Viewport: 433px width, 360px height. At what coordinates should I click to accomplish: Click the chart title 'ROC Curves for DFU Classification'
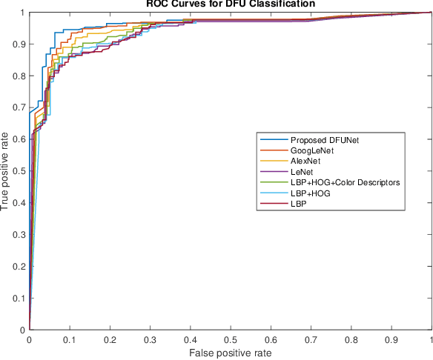coord(230,4)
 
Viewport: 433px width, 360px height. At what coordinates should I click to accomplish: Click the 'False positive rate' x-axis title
coord(230,353)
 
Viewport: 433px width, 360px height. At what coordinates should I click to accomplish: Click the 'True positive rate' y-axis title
coord(7,171)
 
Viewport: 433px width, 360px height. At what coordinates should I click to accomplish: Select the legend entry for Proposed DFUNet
coord(320,140)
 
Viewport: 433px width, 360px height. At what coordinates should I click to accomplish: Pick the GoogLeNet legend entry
coord(312,150)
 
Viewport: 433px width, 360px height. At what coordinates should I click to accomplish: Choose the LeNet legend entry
coord(304,171)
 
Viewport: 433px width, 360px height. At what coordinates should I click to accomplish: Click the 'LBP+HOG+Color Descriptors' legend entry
coord(346,181)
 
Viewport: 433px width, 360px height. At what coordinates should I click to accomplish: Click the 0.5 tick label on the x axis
coord(231,339)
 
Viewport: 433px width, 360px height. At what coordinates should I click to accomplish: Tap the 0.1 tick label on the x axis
coord(69,339)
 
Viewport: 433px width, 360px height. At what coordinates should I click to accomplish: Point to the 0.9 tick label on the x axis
coord(391,339)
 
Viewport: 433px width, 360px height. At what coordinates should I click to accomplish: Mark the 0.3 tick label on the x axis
coord(150,339)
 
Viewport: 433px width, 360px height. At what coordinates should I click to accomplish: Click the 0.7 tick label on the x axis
coord(311,339)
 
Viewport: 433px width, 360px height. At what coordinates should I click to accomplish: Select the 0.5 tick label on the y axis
coord(18,171)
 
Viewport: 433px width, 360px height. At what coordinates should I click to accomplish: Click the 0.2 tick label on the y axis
coord(18,266)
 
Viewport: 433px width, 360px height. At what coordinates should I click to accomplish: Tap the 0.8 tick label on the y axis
coord(18,76)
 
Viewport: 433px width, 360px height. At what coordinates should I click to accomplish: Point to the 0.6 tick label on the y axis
coord(18,139)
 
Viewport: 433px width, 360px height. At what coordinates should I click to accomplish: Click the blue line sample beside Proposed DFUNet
coord(273,140)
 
